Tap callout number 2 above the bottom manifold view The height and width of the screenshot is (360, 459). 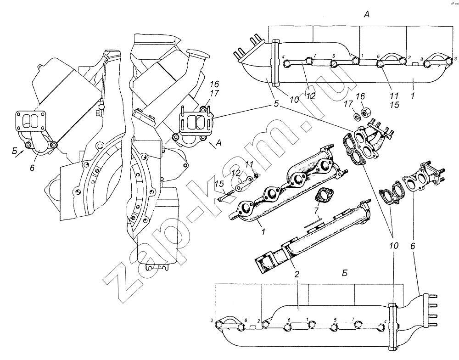tap(297, 274)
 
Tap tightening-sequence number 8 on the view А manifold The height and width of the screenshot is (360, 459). tap(421, 60)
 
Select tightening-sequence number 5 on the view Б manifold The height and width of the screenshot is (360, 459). tap(335, 320)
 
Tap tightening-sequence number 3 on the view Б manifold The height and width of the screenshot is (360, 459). tap(212, 320)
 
